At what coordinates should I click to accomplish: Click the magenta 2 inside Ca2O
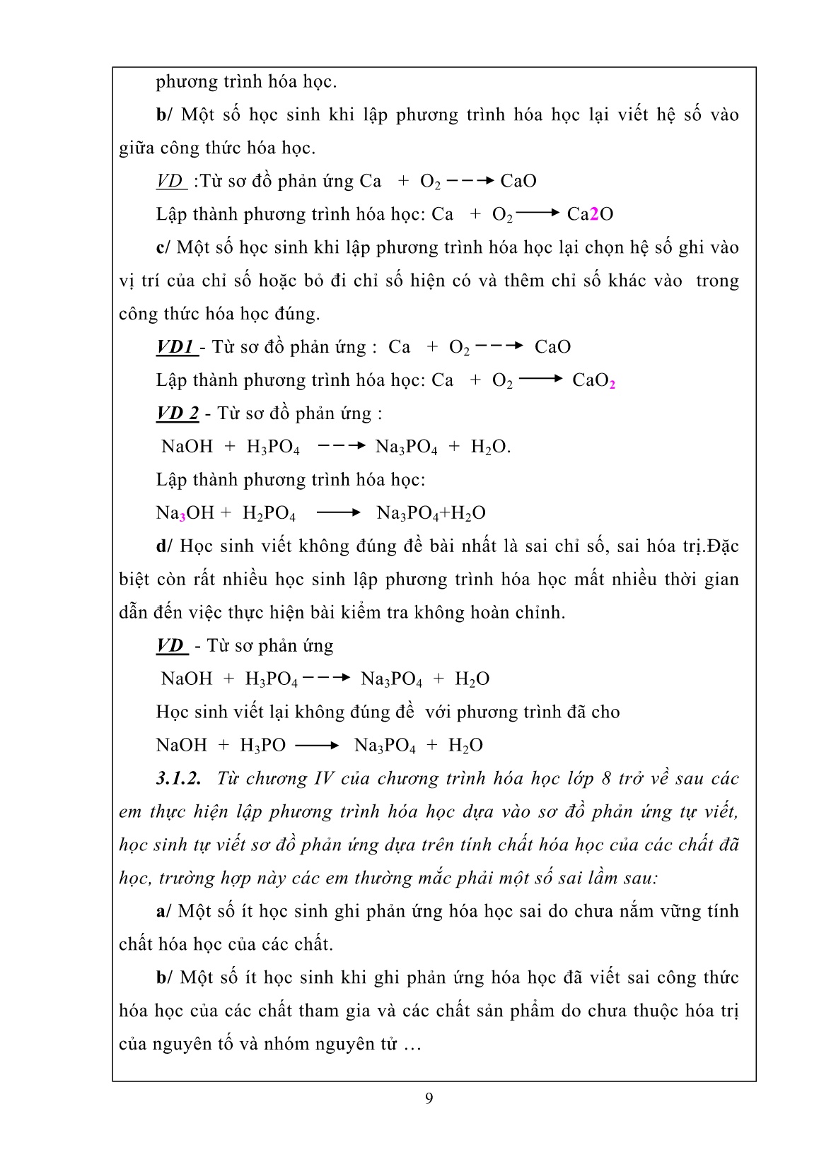click(x=594, y=214)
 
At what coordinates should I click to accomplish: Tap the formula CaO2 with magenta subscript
click(x=593, y=381)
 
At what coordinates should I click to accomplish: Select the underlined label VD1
click(x=175, y=347)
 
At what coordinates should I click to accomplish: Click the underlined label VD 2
click(x=178, y=413)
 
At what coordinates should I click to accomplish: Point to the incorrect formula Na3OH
click(x=185, y=513)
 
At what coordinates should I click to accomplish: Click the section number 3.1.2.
click(x=178, y=779)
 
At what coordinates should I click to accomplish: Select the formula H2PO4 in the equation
click(x=269, y=513)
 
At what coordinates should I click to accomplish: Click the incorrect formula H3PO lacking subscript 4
click(x=262, y=746)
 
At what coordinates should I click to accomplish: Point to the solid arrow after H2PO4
click(x=338, y=512)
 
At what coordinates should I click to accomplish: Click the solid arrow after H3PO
click(x=317, y=745)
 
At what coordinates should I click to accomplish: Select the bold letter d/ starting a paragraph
click(x=164, y=546)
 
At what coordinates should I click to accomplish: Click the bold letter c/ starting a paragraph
click(x=163, y=247)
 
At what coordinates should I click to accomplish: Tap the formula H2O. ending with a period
click(x=491, y=447)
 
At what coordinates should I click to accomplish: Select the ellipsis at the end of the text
click(x=412, y=1045)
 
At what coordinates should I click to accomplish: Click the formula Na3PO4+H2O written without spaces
click(x=431, y=513)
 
